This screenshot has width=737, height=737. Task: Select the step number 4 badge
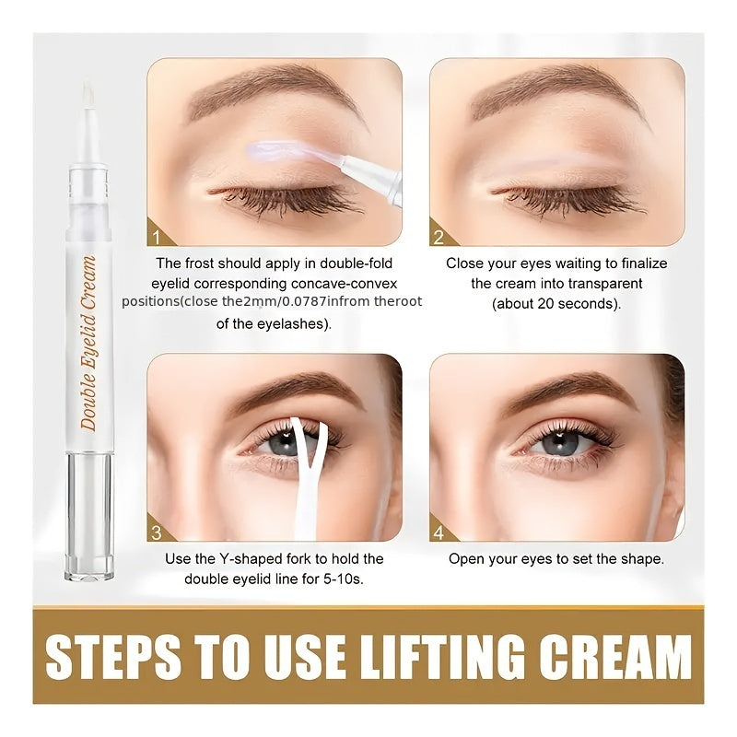tap(439, 532)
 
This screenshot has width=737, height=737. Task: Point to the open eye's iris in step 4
tap(558, 442)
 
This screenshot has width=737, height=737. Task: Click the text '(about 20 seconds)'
tap(556, 303)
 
